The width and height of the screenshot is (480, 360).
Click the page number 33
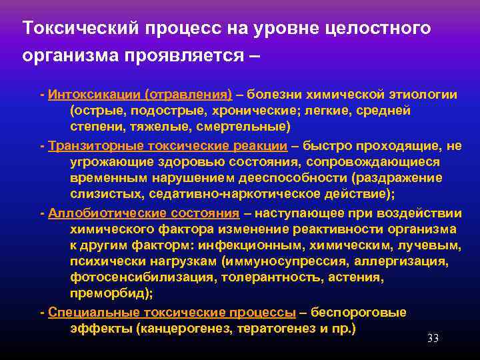pyautogui.click(x=433, y=339)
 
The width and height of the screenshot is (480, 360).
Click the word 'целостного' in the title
pyautogui.click(x=380, y=28)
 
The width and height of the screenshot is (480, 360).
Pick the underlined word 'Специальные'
pyautogui.click(x=85, y=313)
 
